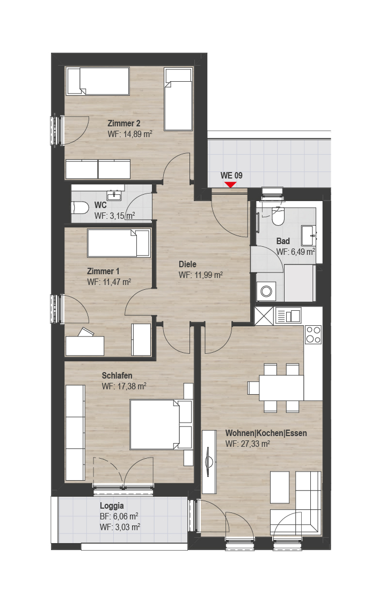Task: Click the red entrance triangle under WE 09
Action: click(230, 185)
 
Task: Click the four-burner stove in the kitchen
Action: click(313, 334)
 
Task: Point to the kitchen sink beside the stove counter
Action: click(288, 316)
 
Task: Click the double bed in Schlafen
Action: click(155, 424)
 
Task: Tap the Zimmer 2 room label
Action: click(124, 123)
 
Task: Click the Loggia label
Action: click(112, 506)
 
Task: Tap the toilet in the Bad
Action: click(278, 217)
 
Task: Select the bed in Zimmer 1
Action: click(119, 243)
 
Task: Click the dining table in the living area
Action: click(281, 388)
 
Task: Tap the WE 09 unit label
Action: click(231, 175)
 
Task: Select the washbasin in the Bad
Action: click(309, 236)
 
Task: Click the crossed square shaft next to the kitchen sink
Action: click(265, 316)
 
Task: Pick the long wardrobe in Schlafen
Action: click(75, 432)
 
